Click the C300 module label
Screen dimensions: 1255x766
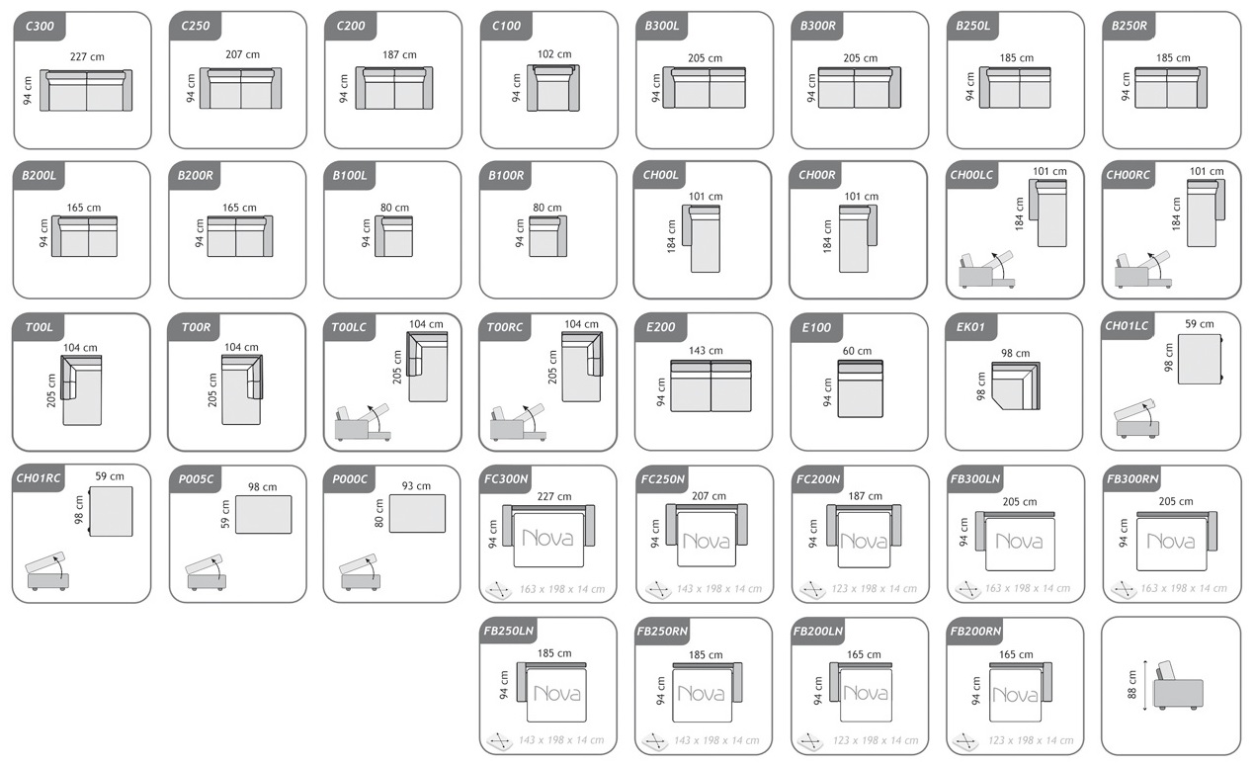[40, 26]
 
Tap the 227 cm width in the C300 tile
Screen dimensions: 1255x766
[87, 56]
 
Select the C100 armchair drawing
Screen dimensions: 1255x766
[553, 87]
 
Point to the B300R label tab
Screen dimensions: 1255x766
[817, 26]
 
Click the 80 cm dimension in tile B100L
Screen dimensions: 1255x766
[394, 208]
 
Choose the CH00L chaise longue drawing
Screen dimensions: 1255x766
[701, 238]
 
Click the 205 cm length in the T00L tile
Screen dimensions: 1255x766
[51, 390]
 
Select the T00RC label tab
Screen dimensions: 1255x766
[504, 327]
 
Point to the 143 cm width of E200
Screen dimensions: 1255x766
[706, 350]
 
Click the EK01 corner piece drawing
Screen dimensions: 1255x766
[1016, 385]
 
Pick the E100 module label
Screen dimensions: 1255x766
[816, 327]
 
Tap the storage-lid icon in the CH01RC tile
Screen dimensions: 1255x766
[47, 571]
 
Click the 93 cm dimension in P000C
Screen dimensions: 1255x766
[416, 486]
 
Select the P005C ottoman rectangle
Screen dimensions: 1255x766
[263, 514]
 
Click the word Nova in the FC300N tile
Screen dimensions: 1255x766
[547, 539]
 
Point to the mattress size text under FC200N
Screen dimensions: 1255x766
[874, 589]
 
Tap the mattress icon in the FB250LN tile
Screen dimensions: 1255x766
[499, 740]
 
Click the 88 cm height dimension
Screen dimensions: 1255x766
[1132, 684]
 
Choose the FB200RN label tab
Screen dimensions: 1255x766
[975, 631]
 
